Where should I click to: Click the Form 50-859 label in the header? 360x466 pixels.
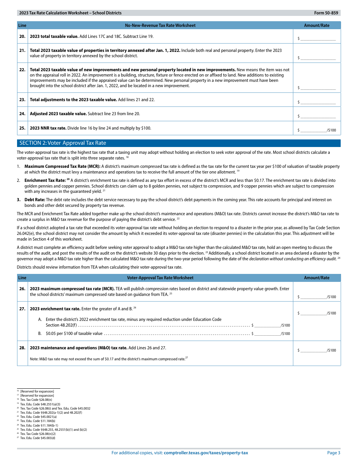(x=326, y=13)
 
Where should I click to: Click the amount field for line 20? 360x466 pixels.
(x=318, y=38)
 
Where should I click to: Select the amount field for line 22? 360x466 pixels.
(x=318, y=88)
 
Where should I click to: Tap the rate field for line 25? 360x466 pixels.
(x=313, y=130)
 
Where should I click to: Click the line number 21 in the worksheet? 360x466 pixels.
(x=22, y=50)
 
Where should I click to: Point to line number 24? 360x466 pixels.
(x=22, y=114)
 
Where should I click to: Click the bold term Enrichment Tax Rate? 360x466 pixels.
(x=45, y=180)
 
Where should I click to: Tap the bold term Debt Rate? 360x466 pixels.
(x=35, y=200)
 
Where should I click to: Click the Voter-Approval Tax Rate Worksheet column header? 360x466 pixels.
(x=160, y=278)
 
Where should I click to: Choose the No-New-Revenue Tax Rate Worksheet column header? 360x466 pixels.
(x=160, y=25)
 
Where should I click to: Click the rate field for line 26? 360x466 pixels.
(x=313, y=297)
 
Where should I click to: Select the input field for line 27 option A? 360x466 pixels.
(x=268, y=325)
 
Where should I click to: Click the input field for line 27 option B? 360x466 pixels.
(x=268, y=333)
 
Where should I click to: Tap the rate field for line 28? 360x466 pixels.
(x=313, y=350)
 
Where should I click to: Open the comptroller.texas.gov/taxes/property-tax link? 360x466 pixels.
(x=206, y=453)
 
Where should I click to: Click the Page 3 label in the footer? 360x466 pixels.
(x=333, y=453)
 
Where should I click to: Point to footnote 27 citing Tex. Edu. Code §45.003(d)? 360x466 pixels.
(x=38, y=438)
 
